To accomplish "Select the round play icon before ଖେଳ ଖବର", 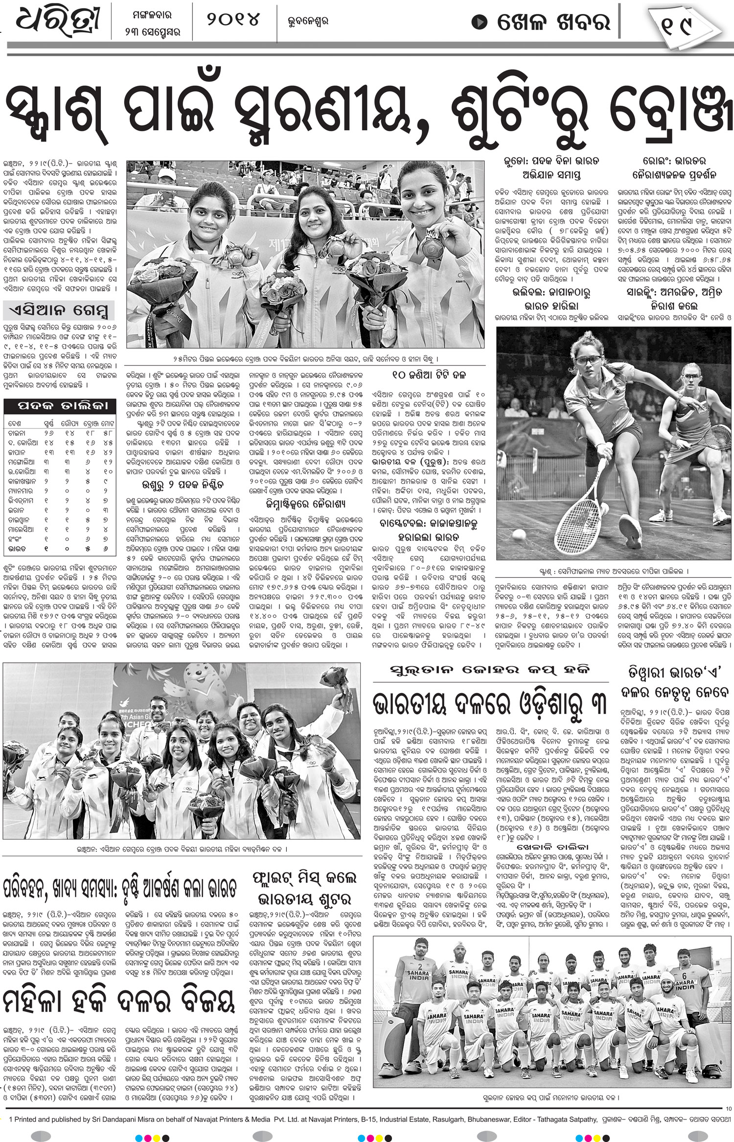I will [x=480, y=22].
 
